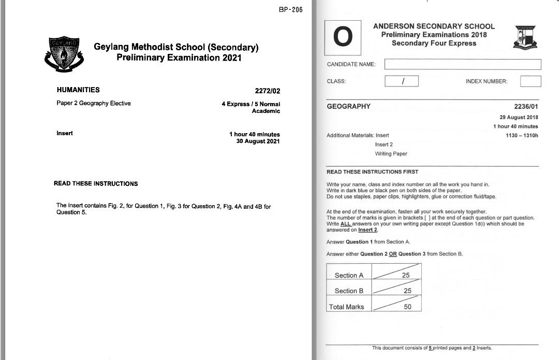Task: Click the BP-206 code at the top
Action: pyautogui.click(x=290, y=10)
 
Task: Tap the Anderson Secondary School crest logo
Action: pyautogui.click(x=525, y=37)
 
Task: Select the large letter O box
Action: pyautogui.click(x=343, y=37)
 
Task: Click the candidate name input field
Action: pyautogui.click(x=462, y=65)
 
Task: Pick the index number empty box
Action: pyautogui.click(x=530, y=81)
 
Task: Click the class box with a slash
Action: pyautogui.click(x=402, y=81)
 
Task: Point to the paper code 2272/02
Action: pyautogui.click(x=268, y=91)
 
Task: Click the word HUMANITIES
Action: pyautogui.click(x=78, y=90)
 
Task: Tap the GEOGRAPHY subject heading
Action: pyautogui.click(x=349, y=107)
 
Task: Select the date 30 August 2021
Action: pyautogui.click(x=258, y=141)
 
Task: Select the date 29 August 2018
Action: pyautogui.click(x=519, y=118)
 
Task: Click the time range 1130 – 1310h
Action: pyautogui.click(x=522, y=136)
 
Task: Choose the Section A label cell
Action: pyautogui.click(x=349, y=276)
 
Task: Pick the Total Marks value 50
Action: pyautogui.click(x=407, y=307)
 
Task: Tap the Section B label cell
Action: pyautogui.click(x=349, y=291)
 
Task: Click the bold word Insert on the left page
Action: pyautogui.click(x=65, y=133)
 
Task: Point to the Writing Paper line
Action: pyautogui.click(x=391, y=154)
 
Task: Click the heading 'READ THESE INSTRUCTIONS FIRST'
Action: pyautogui.click(x=372, y=172)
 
